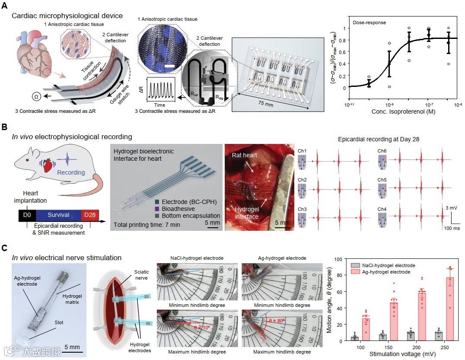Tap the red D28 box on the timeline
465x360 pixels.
click(90, 215)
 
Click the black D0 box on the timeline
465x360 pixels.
click(27, 215)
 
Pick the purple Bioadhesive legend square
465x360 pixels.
click(158, 209)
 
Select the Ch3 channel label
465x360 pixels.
click(302, 209)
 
